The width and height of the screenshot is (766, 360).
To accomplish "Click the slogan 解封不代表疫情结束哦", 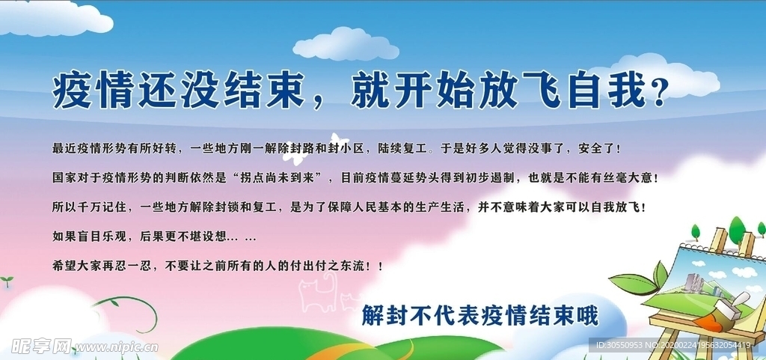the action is coord(479,316).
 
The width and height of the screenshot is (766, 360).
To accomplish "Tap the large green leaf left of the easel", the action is coord(633,284).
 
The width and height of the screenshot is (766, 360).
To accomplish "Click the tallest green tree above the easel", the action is coord(736,228).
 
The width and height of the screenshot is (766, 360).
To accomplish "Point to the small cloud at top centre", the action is coord(346,44).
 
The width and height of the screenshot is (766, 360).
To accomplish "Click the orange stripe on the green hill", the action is coord(342,346).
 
